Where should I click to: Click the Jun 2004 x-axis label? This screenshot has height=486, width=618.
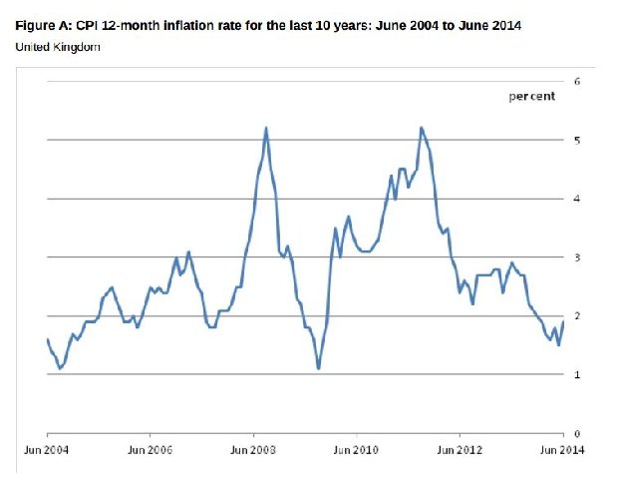pos(46,451)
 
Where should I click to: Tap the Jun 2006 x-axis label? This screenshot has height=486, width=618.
pos(150,451)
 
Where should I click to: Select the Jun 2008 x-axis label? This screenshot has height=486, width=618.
pos(253,451)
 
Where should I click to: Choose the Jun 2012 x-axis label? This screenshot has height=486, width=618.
pos(460,451)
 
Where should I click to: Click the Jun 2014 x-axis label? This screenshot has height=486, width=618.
pos(561,451)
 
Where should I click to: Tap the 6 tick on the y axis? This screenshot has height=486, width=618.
pos(577,81)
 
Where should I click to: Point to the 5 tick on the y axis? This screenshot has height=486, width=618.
pos(577,140)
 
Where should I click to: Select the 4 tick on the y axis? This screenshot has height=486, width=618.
pos(577,199)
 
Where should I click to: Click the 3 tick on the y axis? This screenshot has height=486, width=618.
pos(577,257)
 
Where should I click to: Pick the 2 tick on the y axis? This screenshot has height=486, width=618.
pos(577,316)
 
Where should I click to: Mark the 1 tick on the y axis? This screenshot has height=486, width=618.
pos(577,375)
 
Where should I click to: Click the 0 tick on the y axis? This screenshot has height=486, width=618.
pos(577,434)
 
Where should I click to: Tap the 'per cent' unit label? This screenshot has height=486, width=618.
pos(531,97)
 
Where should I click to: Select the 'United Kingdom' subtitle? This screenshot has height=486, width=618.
pos(58,47)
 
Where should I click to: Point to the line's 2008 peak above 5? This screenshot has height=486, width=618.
pos(266,128)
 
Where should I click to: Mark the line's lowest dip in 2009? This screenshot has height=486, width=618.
pos(318,369)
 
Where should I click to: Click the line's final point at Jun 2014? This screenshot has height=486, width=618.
pos(564,321)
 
